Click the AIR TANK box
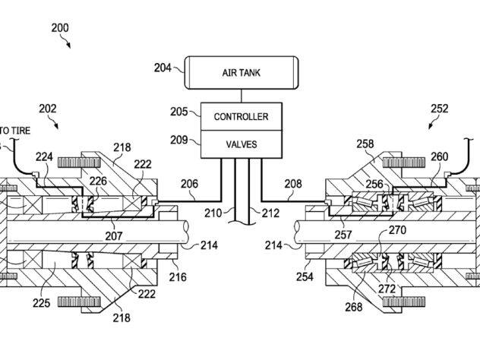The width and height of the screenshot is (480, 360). [x=241, y=73]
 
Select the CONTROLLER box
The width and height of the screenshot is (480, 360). [x=242, y=117]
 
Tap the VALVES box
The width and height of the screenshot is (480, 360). [x=242, y=144]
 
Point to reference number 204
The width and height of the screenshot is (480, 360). [x=163, y=68]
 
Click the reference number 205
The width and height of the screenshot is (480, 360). [x=179, y=112]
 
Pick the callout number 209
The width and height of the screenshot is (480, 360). [x=179, y=140]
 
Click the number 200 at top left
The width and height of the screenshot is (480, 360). [x=60, y=28]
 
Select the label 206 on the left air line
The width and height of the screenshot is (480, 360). [x=189, y=184]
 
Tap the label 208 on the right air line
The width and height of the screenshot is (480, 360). [x=293, y=184]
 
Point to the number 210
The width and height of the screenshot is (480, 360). [x=213, y=213]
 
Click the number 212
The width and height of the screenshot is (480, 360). [x=270, y=213]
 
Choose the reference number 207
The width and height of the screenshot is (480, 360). [x=114, y=236]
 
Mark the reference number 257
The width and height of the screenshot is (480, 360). [x=343, y=235]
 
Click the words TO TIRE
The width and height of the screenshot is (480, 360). [x=15, y=131]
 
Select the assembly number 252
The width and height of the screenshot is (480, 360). [x=440, y=109]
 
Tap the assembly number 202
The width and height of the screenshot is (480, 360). [x=48, y=109]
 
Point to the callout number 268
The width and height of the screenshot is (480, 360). [x=354, y=307]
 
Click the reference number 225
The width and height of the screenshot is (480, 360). [x=41, y=303]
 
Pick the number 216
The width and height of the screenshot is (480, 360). [x=178, y=277]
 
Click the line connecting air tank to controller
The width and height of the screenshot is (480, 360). [x=242, y=96]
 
